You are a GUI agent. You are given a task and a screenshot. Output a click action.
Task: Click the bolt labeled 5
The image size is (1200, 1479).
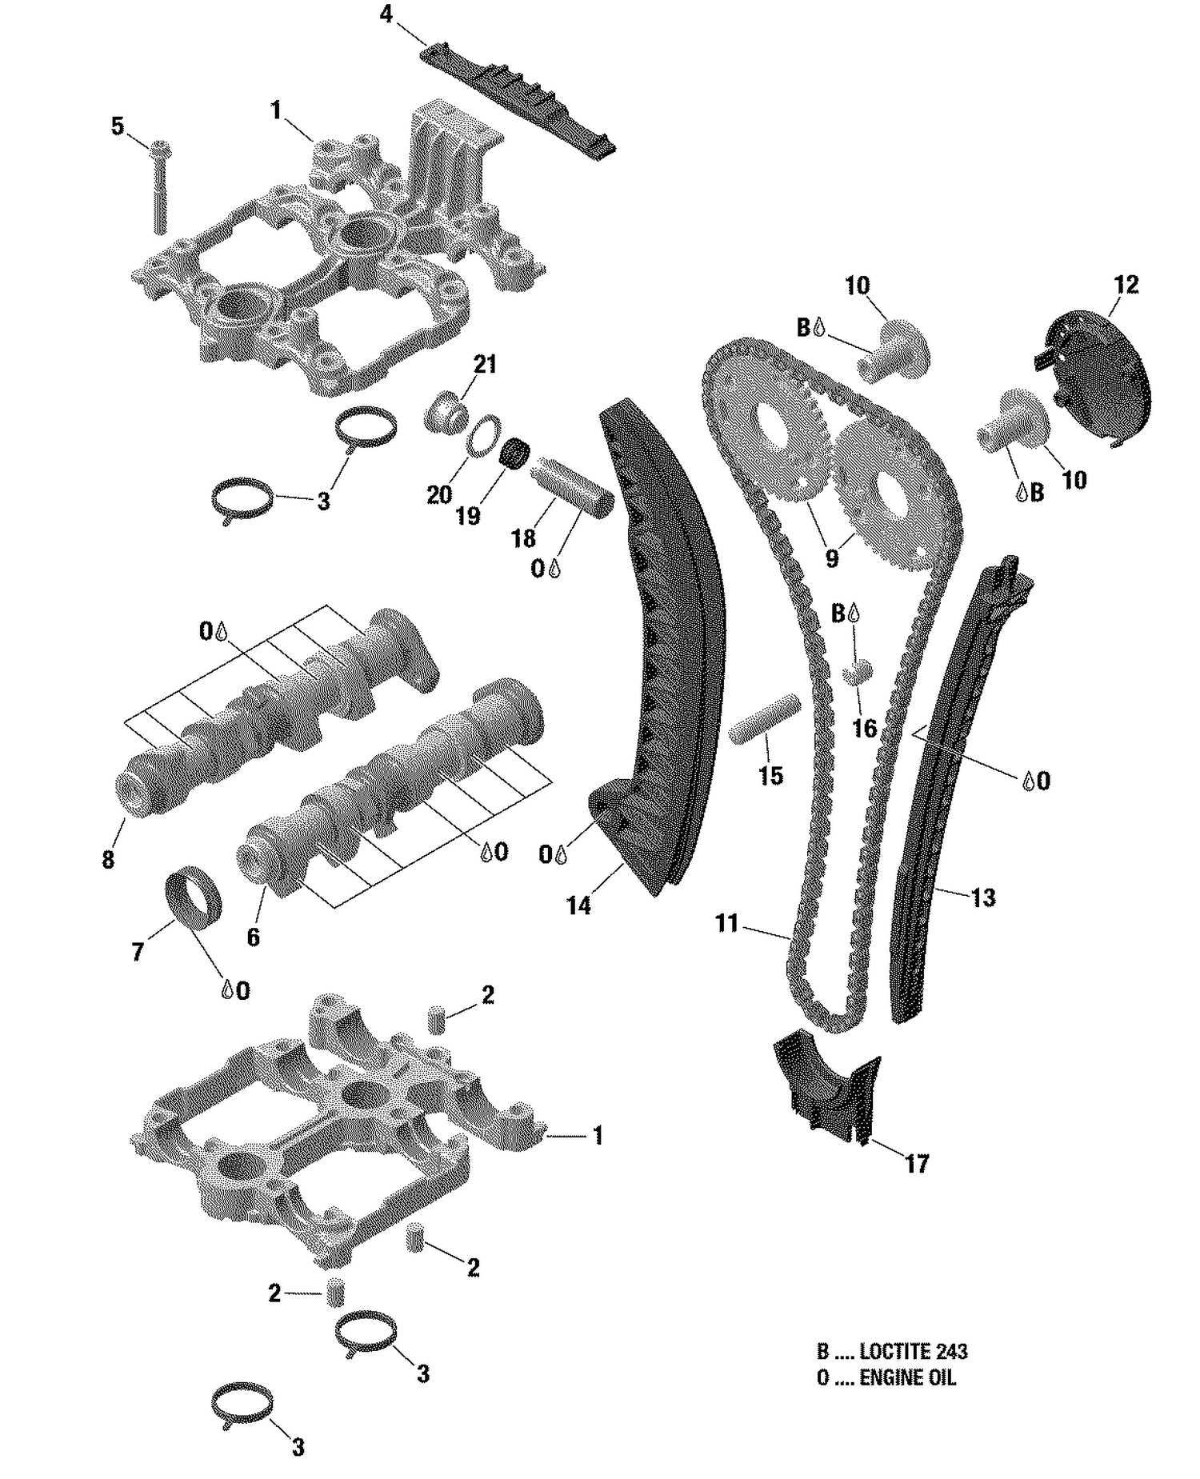pyautogui.click(x=159, y=188)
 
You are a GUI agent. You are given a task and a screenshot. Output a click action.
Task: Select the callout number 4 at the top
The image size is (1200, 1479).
pyautogui.click(x=386, y=14)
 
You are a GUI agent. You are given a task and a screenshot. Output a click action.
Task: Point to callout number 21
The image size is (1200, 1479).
pyautogui.click(x=485, y=365)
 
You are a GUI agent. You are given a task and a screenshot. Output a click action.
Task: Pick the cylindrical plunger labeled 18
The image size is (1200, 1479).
pyautogui.click(x=573, y=486)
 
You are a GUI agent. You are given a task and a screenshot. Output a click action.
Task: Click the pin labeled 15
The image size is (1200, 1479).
pyautogui.click(x=764, y=718)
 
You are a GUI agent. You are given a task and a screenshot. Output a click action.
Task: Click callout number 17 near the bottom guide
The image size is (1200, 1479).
pyautogui.click(x=917, y=1163)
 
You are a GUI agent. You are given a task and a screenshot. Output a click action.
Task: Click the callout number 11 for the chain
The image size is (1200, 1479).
pyautogui.click(x=726, y=924)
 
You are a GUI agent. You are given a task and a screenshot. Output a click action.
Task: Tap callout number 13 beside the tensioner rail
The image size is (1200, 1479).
pyautogui.click(x=983, y=897)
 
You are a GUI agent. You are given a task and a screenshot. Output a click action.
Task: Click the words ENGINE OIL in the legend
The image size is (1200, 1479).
pyautogui.click(x=907, y=1377)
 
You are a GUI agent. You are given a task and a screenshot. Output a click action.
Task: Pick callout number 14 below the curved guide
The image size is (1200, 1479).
pyautogui.click(x=578, y=905)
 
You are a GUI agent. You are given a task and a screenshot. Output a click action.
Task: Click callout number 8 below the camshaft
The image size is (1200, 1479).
pyautogui.click(x=108, y=860)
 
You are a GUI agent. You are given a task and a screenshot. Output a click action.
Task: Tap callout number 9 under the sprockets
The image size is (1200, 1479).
pyautogui.click(x=832, y=558)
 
